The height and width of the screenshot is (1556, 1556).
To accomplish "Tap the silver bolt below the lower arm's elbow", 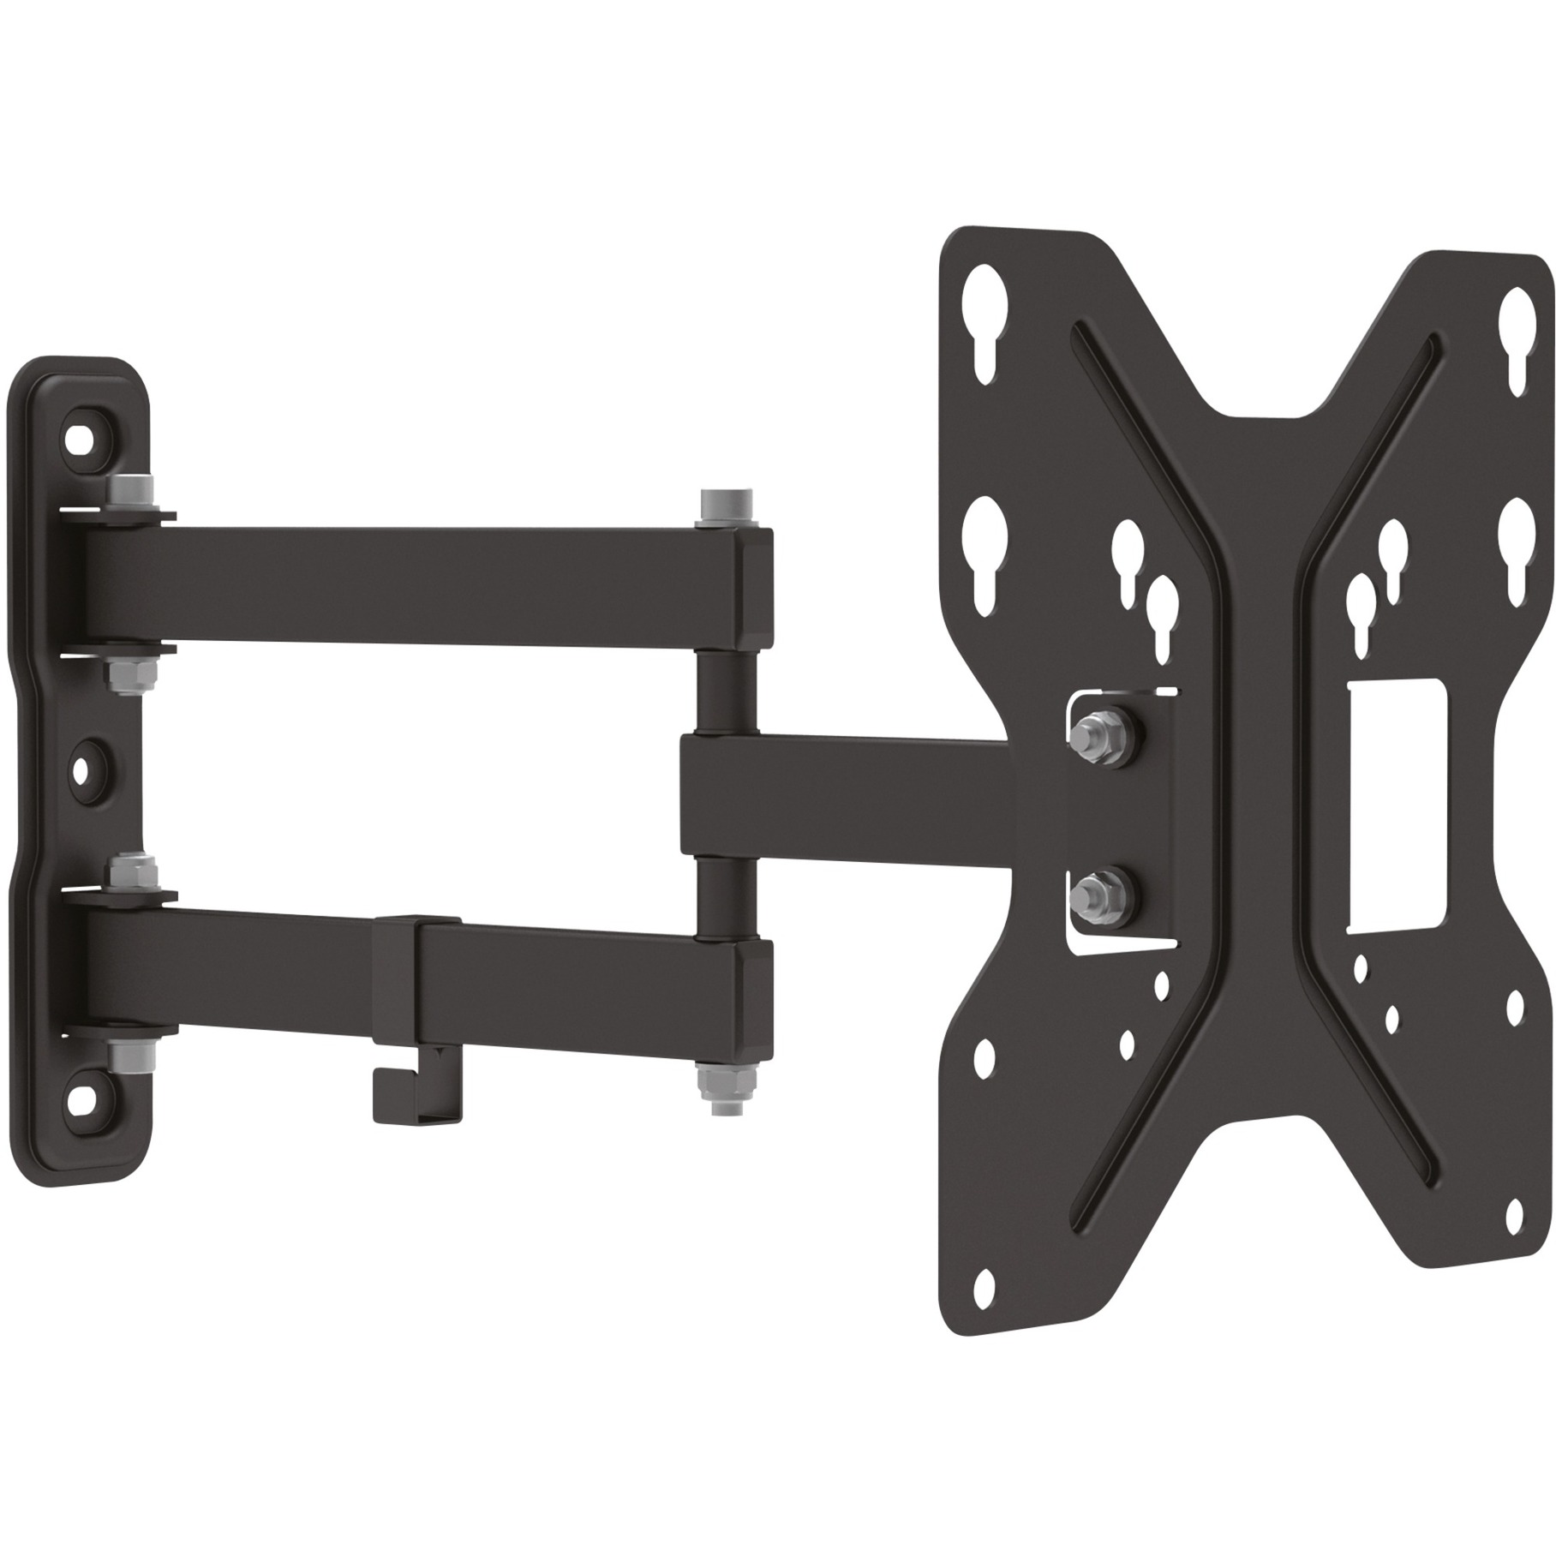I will (x=713, y=1092).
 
